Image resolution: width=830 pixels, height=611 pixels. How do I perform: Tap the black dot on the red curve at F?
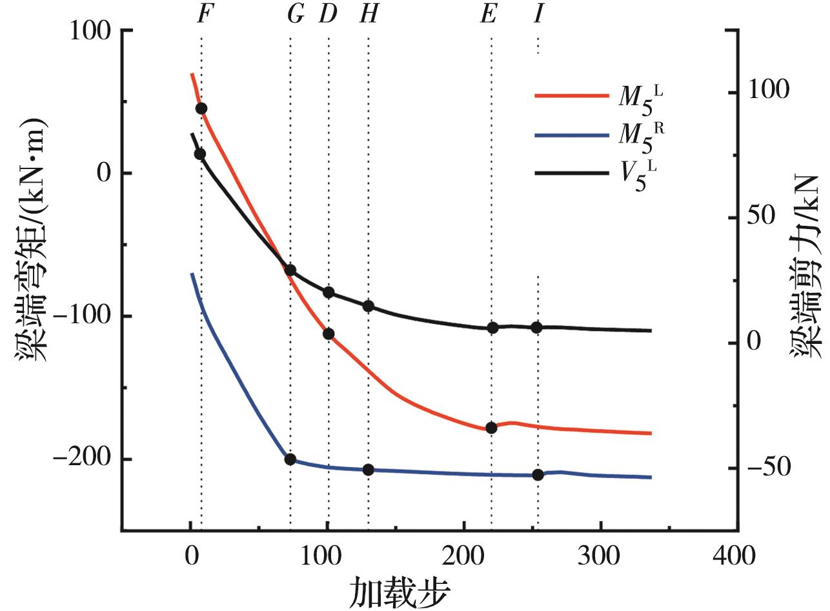[x=201, y=108]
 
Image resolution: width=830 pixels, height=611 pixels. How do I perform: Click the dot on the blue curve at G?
[x=290, y=459]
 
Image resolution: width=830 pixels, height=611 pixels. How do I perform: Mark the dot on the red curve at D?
[x=329, y=334]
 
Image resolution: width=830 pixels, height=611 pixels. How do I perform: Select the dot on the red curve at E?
[x=491, y=428]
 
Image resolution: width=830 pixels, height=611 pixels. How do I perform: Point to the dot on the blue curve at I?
[x=538, y=475]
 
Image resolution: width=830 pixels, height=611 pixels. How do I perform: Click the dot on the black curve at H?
[x=369, y=306]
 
